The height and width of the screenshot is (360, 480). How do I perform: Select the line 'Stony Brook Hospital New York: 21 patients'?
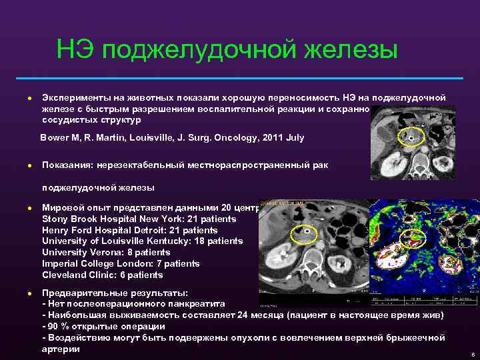[x=139, y=219]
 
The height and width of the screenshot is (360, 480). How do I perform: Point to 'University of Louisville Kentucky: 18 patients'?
[x=142, y=241]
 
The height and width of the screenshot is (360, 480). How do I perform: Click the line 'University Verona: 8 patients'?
[x=106, y=253]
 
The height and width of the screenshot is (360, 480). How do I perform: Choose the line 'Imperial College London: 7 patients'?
[x=120, y=264]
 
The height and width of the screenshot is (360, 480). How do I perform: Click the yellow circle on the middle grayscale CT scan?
[x=303, y=234]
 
